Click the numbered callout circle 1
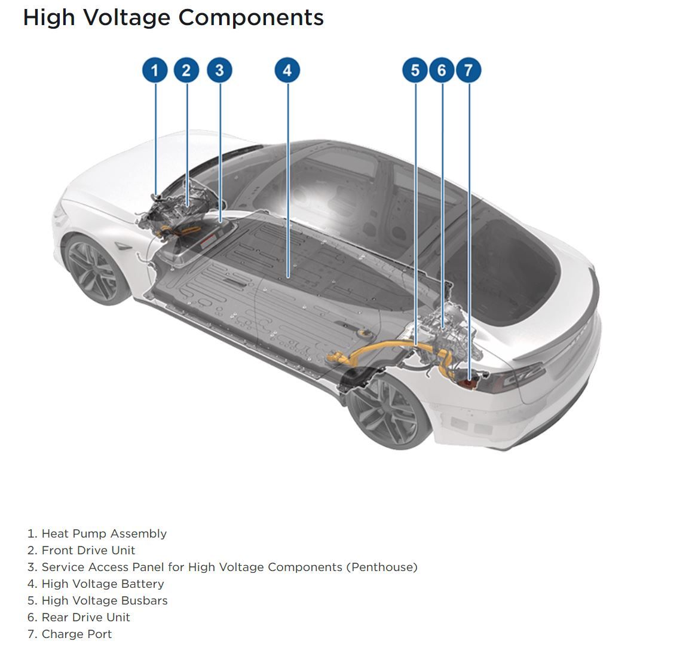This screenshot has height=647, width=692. pos(155,71)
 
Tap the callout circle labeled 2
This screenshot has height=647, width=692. pos(186,71)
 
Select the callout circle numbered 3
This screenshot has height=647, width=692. pos(219,71)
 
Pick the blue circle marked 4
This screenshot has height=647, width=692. pos(287,71)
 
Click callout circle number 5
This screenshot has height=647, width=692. pos(415,71)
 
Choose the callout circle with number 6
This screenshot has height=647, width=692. pos(442,71)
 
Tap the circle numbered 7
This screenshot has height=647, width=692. pos(469,71)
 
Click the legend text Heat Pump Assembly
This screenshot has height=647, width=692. pos(103,533)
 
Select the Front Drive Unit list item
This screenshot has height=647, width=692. pos(88,550)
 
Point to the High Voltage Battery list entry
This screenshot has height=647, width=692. pos(102,584)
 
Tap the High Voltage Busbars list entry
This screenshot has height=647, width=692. pos(104,600)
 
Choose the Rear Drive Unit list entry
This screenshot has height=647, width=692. pos(85,617)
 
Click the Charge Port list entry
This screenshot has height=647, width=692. pos(76,634)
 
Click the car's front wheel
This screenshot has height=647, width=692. pos(95,269)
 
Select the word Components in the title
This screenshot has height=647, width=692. pos(251,17)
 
